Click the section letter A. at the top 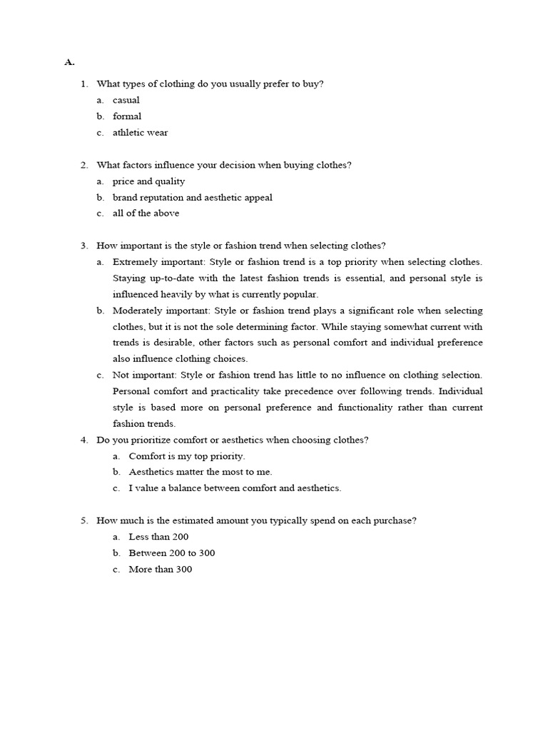(x=69, y=62)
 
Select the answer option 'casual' (x=126, y=100)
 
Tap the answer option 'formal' (x=127, y=116)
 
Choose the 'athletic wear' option (x=141, y=133)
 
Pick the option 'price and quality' (x=148, y=181)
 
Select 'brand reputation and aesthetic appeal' (x=192, y=198)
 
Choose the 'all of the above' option (x=146, y=213)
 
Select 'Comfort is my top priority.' (x=186, y=456)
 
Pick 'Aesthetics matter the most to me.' (x=201, y=472)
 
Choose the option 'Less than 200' (x=158, y=537)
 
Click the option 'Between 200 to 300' (x=171, y=553)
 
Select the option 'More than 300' (x=160, y=570)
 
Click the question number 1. (x=83, y=84)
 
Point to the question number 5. (x=83, y=521)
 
